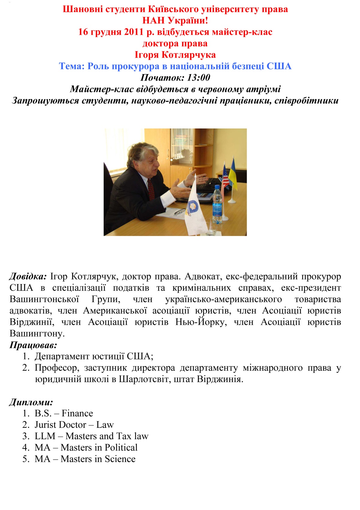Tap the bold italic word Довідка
pyautogui.click(x=28, y=276)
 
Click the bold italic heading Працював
pyautogui.click(x=33, y=345)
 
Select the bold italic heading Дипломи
pyautogui.click(x=31, y=402)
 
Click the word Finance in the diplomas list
pyautogui.click(x=77, y=414)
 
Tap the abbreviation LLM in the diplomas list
pyautogui.click(x=45, y=436)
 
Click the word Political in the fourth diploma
pyautogui.click(x=121, y=448)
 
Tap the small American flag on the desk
pyautogui.click(x=225, y=177)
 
